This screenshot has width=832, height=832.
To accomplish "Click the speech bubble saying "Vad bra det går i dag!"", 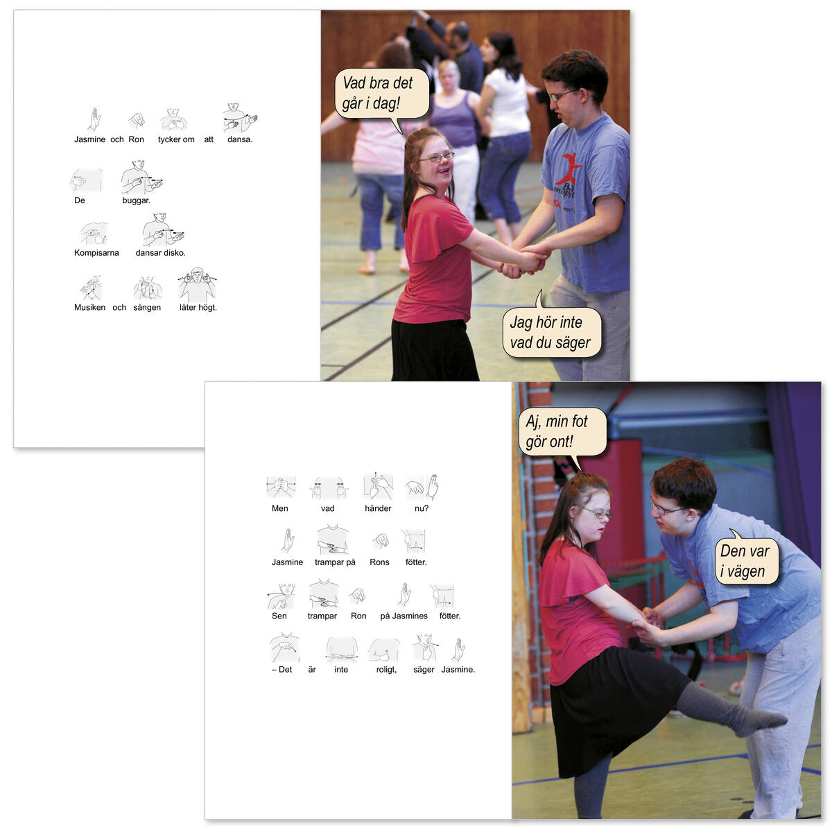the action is [x=381, y=95].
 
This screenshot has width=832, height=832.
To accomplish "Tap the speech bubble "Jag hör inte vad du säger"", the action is [x=551, y=330].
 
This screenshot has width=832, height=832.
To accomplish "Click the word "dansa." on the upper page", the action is [x=240, y=139].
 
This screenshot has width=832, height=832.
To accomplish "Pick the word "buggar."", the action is [x=136, y=200].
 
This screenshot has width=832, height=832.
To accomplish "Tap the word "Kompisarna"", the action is [x=96, y=253].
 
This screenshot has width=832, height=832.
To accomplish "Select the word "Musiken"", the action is [x=90, y=307].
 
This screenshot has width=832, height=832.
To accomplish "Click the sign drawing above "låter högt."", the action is [x=197, y=284].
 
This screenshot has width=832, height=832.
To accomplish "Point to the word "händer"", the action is [x=378, y=509].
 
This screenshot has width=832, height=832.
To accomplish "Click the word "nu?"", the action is [x=422, y=509].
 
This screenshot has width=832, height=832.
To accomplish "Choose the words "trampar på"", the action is [x=335, y=562].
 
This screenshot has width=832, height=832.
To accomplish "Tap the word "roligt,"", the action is [x=386, y=670].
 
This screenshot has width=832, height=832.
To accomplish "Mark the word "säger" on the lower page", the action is [x=424, y=670].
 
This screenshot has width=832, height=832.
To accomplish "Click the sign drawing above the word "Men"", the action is [x=281, y=487].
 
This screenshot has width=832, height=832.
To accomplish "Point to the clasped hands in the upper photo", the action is [x=523, y=261].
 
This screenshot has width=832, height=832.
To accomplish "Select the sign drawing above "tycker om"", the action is [x=173, y=119].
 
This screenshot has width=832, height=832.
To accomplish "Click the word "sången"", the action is [x=147, y=307].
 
